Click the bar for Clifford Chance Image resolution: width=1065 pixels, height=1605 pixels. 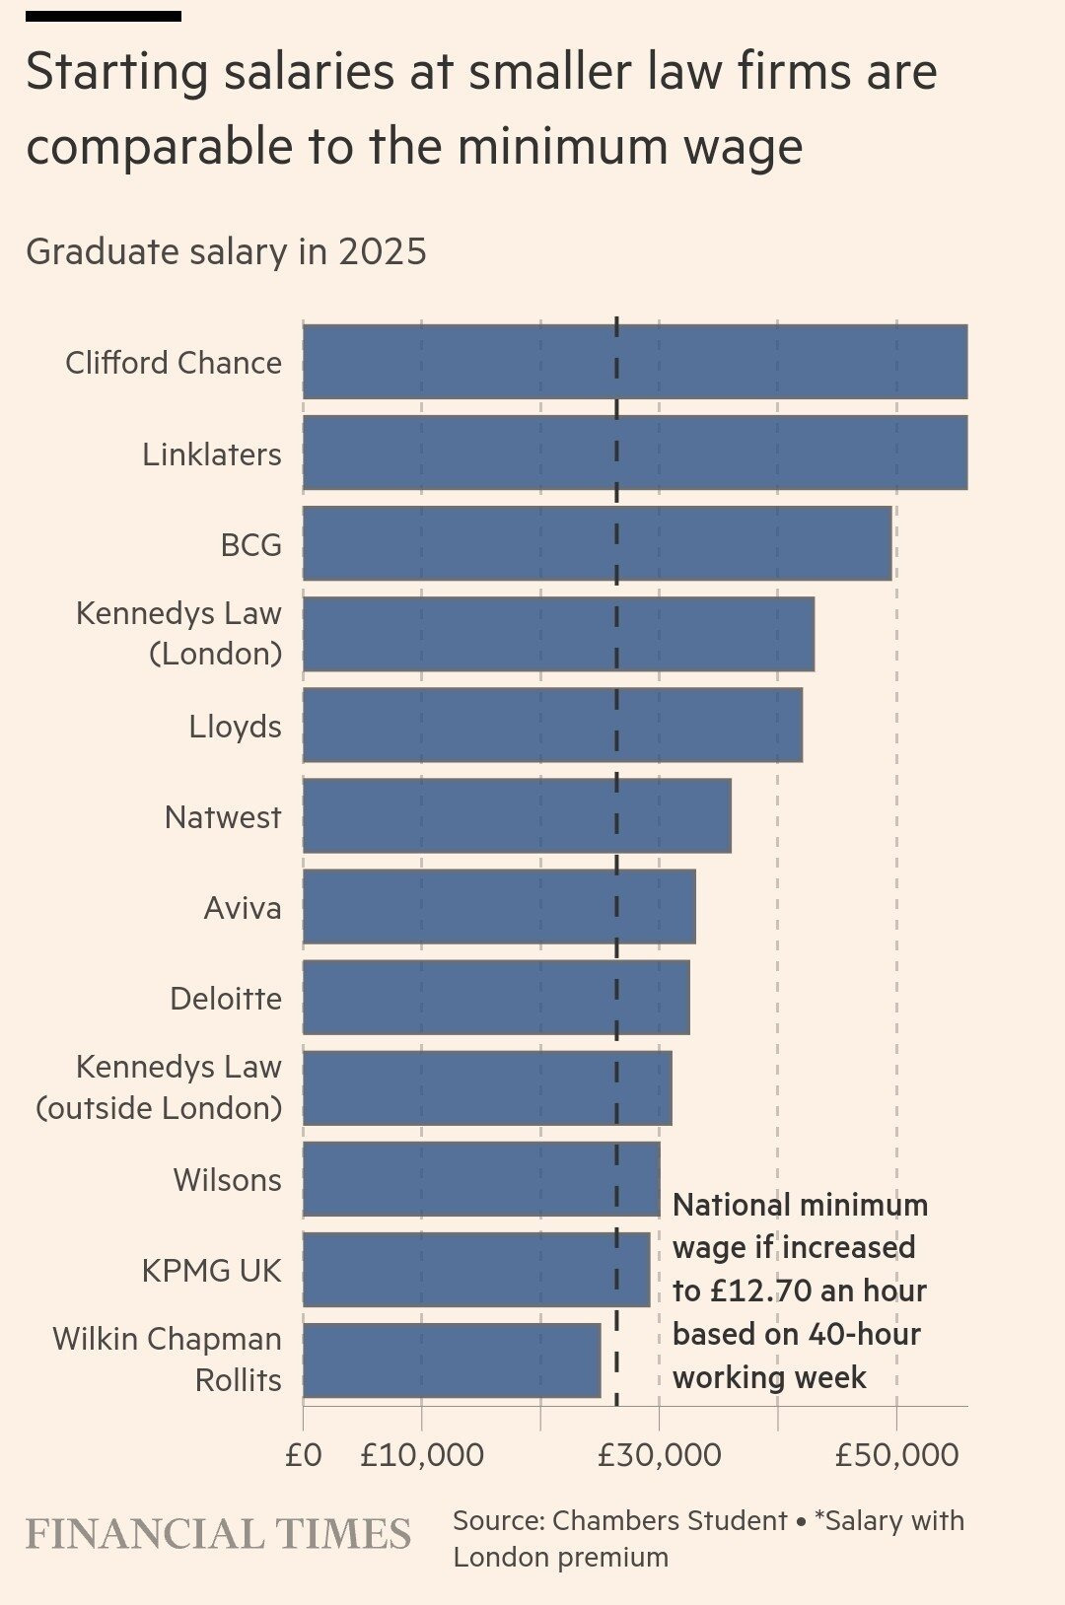pos(634,362)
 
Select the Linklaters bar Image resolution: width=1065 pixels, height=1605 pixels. pos(634,453)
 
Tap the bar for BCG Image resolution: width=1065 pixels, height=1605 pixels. pos(597,543)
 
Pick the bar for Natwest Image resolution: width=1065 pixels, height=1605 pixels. pos(517,815)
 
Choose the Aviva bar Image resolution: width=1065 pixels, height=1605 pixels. pos(499,906)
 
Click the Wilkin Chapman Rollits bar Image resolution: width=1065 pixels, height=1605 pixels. pos(452,1361)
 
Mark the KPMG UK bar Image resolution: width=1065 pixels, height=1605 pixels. pos(476,1269)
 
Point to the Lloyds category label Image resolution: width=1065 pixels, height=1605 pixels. pos(235,727)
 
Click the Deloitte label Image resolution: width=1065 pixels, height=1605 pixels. pos(226,999)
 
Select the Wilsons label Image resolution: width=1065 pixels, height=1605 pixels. pos(227,1180)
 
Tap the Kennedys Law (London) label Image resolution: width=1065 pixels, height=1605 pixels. pos(179,633)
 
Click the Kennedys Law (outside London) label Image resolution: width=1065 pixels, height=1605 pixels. pos(160,1087)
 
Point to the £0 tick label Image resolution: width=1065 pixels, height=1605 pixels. pos(303,1455)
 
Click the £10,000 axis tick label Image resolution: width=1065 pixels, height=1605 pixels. pos(422,1455)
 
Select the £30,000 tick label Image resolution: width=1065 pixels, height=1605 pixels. pos(659,1455)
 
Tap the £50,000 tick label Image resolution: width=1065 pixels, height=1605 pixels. pos(896,1455)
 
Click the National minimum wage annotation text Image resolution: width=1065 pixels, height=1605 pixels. pos(799,1291)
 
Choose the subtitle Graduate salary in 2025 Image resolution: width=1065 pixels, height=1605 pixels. pos(226,251)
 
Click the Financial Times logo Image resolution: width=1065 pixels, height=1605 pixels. pos(218,1534)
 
